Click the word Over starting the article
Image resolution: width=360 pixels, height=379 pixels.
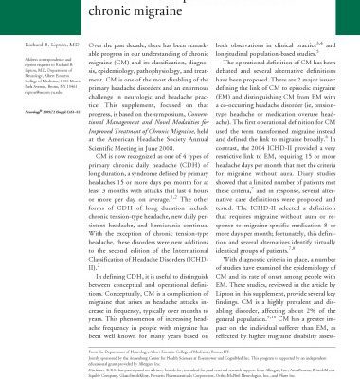click(97, 45)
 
